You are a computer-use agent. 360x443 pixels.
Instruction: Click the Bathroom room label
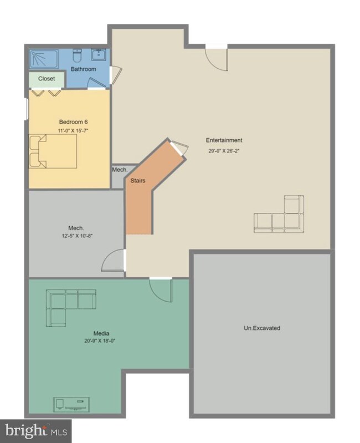pos(83,69)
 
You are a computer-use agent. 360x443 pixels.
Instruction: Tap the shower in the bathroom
pos(44,59)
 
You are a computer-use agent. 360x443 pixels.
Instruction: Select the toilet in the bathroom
pos(78,55)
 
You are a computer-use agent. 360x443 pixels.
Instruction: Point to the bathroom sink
pos(99,54)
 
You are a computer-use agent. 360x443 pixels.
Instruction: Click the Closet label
pos(47,79)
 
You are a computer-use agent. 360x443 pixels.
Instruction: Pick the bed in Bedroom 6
pos(53,151)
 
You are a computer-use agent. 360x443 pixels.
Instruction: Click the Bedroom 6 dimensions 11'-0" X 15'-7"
pos(73,130)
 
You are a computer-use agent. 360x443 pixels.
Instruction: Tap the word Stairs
pos(138,181)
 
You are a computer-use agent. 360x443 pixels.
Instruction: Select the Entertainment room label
pos(224,140)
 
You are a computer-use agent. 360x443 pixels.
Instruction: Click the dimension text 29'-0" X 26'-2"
pos(224,151)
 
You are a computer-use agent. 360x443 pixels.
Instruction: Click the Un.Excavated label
pos(262,328)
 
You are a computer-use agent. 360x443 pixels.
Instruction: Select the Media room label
pos(101,333)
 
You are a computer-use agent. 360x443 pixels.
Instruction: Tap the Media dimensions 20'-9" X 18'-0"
pos(100,341)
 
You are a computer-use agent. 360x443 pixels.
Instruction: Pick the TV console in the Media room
pos(71,405)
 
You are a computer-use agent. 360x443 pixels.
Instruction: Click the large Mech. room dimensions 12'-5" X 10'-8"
pos(78,236)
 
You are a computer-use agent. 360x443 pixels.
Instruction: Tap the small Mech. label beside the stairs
pos(120,170)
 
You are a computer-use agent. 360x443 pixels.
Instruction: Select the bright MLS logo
pos(35,431)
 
